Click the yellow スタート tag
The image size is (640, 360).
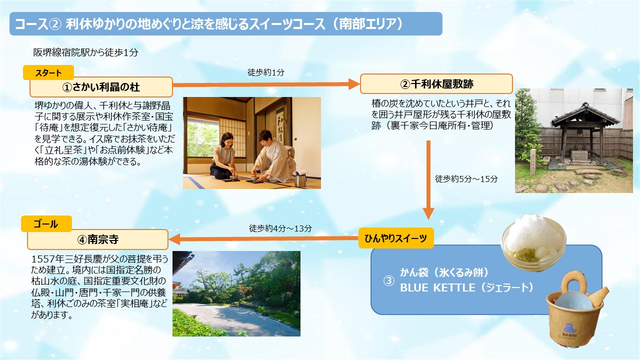click(x=48, y=72)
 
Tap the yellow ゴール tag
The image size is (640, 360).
click(x=46, y=223)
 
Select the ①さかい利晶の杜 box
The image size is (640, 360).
click(x=101, y=87)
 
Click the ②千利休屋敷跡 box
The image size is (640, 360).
click(x=436, y=83)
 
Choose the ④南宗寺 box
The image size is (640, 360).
click(x=97, y=239)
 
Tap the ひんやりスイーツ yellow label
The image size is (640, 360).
click(x=396, y=238)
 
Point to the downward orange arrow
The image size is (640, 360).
click(x=428, y=180)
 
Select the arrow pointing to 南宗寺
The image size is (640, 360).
click(x=263, y=238)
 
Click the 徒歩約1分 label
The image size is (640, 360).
click(x=265, y=72)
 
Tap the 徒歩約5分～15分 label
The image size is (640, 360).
click(x=466, y=179)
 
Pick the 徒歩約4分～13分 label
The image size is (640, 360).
click(x=280, y=228)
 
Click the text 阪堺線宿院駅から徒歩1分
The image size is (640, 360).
click(x=85, y=52)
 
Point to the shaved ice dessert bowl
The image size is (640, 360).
click(x=533, y=243)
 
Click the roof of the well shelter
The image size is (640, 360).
click(x=585, y=115)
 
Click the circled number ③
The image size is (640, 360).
click(x=388, y=280)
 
